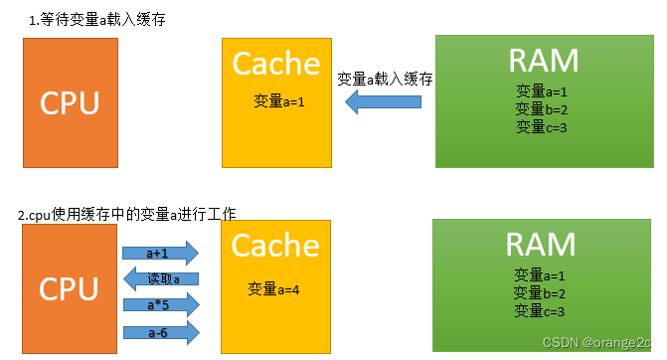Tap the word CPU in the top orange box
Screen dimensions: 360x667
click(70, 102)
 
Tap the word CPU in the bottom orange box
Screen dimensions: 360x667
click(70, 289)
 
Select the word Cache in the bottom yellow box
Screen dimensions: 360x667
click(275, 247)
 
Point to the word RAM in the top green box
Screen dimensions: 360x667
click(543, 61)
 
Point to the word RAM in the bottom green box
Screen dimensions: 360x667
click(541, 244)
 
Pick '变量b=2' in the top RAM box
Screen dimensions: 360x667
click(542, 109)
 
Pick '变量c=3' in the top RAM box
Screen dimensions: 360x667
click(542, 126)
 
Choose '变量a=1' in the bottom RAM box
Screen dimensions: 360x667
click(541, 275)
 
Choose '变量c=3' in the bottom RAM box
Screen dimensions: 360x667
click(541, 311)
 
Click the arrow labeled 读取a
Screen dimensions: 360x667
click(162, 278)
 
